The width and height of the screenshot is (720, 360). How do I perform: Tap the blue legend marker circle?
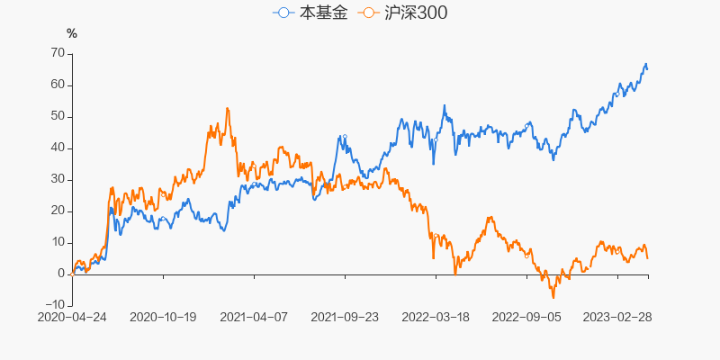pyautogui.click(x=284, y=13)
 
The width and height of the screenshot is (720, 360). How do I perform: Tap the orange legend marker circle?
pyautogui.click(x=367, y=13)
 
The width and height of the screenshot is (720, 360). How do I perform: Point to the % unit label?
pyautogui.click(x=72, y=34)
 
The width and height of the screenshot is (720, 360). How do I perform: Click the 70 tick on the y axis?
pyautogui.click(x=57, y=53)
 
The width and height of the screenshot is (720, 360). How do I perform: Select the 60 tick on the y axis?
pyautogui.click(x=57, y=85)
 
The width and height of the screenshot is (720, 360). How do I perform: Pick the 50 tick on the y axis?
pyautogui.click(x=57, y=116)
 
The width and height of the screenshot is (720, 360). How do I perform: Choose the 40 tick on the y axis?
pyautogui.click(x=57, y=148)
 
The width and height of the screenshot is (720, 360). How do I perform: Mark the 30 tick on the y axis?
pyautogui.click(x=57, y=179)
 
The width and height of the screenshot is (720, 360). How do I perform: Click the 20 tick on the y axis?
pyautogui.click(x=57, y=211)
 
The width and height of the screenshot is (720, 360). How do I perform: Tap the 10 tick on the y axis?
pyautogui.click(x=57, y=242)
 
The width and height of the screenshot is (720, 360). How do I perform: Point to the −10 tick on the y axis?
pyautogui.click(x=53, y=305)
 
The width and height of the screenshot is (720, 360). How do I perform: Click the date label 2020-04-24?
pyautogui.click(x=72, y=318)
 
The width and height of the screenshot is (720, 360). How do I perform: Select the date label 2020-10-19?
pyautogui.click(x=163, y=318)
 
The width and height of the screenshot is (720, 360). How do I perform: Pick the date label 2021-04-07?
pyautogui.click(x=254, y=318)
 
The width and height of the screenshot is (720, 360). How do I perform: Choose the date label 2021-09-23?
pyautogui.click(x=345, y=318)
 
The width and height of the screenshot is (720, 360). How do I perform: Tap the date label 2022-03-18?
pyautogui.click(x=436, y=318)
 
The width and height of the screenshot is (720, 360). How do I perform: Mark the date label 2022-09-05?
pyautogui.click(x=526, y=318)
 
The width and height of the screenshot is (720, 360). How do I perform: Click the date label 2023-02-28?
pyautogui.click(x=617, y=318)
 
